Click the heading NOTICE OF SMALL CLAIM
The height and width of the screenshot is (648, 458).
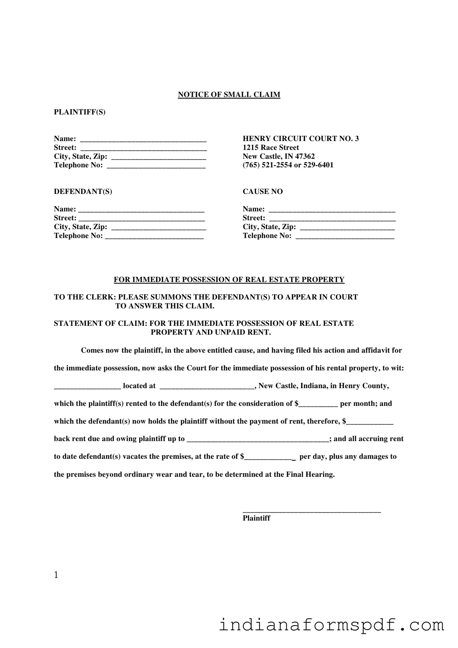click(229, 95)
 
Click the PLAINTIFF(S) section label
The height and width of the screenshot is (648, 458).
click(80, 112)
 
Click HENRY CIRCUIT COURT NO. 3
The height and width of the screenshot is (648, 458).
click(300, 139)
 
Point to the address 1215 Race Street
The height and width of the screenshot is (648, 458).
click(271, 148)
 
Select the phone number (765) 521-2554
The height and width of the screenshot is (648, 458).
click(267, 165)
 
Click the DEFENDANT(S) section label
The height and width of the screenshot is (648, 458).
click(83, 191)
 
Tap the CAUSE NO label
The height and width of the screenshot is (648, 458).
click(262, 191)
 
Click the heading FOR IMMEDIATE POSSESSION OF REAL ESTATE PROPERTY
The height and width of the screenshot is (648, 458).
click(229, 279)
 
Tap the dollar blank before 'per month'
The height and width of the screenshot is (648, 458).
click(318, 404)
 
